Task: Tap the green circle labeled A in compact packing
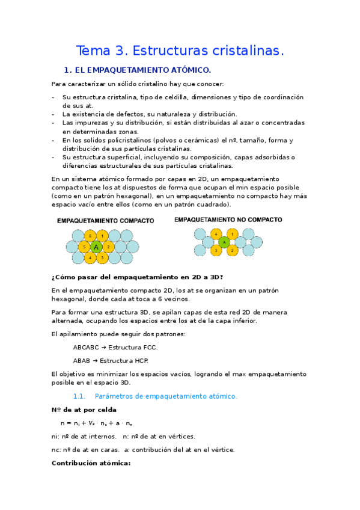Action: [x=97, y=247]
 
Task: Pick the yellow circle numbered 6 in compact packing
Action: [x=90, y=235]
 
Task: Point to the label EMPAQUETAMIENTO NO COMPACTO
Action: [x=228, y=220]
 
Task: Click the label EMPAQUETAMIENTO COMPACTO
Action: [x=106, y=221]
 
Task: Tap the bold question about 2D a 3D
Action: [x=138, y=277]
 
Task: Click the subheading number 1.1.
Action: [x=80, y=396]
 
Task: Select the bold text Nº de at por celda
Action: [x=88, y=410]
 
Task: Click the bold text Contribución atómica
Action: [x=91, y=463]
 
